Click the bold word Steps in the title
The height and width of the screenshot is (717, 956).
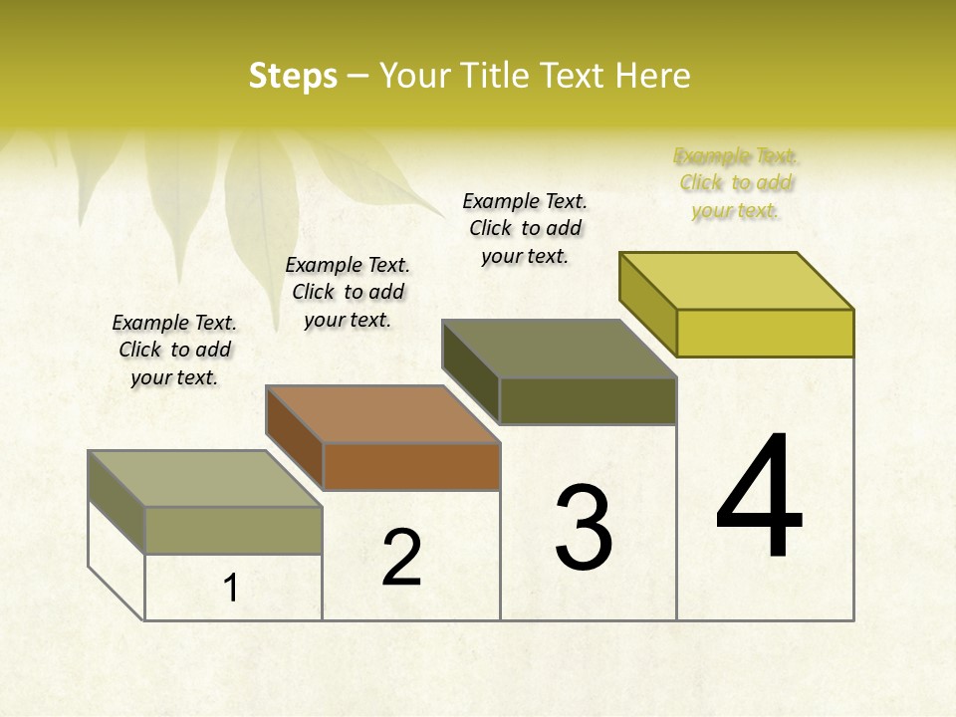point(293,76)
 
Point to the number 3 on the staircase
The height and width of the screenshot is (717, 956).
point(584,528)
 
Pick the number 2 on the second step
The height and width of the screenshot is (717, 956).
point(401,558)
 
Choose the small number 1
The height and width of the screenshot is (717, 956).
point(231,589)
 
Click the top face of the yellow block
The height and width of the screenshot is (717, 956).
point(737,280)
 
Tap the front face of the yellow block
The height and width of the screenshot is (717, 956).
point(765,333)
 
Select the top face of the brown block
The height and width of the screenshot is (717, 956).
point(382,413)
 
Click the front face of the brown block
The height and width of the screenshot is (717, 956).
point(411,466)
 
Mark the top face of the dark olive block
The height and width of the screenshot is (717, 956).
point(560,349)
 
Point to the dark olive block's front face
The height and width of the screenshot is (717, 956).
point(588,400)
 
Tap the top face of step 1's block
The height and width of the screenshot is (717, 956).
point(205,478)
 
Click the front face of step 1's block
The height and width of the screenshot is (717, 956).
point(233,530)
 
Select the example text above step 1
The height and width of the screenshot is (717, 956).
point(174,350)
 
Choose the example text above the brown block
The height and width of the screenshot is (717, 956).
point(348,292)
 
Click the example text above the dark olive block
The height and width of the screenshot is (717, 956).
point(525,228)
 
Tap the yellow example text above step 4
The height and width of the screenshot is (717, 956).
point(736,182)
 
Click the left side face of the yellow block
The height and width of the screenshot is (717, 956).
point(648,304)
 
